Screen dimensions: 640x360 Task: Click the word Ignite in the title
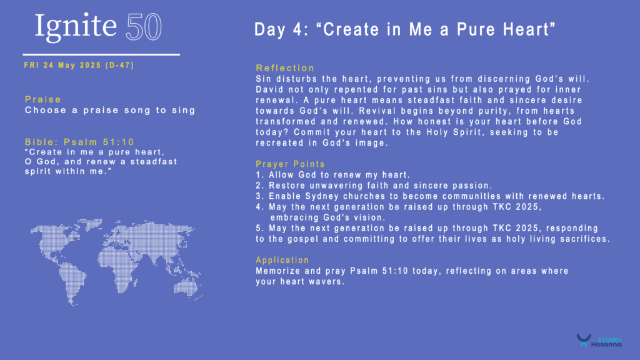(76, 26)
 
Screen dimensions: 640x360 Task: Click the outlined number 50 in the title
(144, 27)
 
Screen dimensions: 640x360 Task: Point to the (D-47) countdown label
(119, 65)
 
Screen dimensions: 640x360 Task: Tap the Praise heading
(43, 99)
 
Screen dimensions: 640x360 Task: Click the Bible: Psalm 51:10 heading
(79, 142)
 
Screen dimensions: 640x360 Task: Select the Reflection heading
(285, 68)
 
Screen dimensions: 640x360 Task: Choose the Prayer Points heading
(290, 164)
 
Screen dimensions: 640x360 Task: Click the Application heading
(282, 261)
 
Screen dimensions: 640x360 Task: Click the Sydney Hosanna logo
(599, 341)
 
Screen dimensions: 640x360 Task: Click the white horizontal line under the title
(101, 54)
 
